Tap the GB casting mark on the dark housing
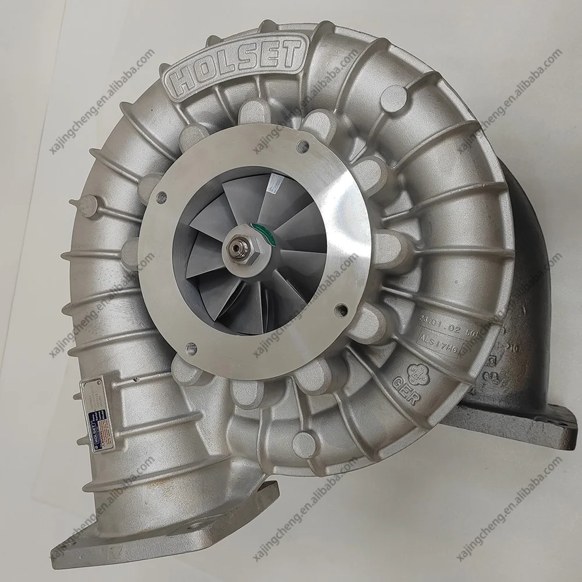pyautogui.click(x=491, y=377)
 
